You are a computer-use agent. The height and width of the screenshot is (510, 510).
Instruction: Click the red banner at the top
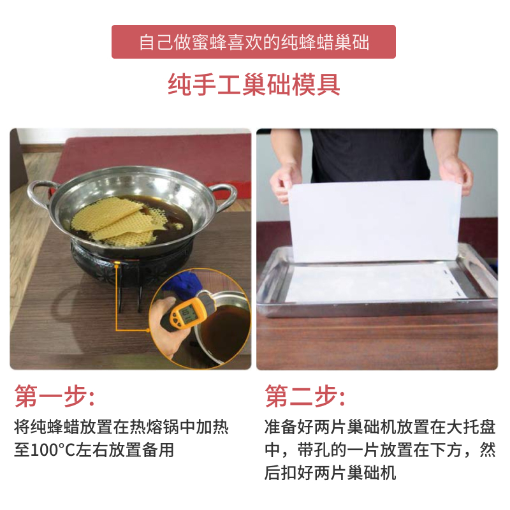[254, 42]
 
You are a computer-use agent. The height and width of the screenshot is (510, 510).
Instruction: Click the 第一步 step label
[54, 397]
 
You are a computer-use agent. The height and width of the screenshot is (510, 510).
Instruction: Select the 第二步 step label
[305, 397]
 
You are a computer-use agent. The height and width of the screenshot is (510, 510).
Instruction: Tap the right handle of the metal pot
[223, 191]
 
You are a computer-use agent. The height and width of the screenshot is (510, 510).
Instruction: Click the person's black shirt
[370, 153]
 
